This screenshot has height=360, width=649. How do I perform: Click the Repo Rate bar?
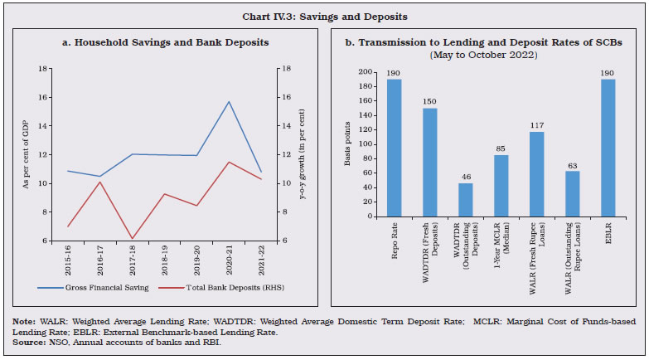pyautogui.click(x=393, y=148)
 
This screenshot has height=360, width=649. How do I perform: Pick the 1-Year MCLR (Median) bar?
pyautogui.click(x=502, y=186)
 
